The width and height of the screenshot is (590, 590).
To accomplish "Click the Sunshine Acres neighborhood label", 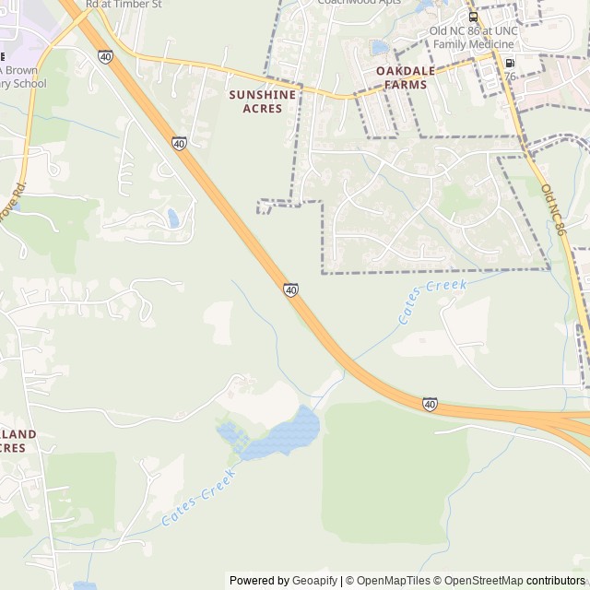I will [255, 101].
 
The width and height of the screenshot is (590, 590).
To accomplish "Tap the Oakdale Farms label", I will [401, 77].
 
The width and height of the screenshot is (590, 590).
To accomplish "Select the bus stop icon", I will [473, 17].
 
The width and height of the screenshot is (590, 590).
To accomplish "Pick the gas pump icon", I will [510, 63].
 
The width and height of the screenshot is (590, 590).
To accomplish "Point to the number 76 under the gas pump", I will [510, 76].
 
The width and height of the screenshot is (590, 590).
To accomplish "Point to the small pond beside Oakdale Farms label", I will [380, 47].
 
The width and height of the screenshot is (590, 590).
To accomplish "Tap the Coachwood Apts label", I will [360, 3].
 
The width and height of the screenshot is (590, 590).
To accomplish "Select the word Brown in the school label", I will [25, 69].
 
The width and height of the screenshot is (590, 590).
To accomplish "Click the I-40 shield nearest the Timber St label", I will [105, 56].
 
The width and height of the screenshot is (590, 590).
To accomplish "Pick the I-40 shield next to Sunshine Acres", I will [179, 144].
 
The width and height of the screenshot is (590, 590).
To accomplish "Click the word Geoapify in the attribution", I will [315, 581].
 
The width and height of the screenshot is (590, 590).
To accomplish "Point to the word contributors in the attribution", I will [556, 581].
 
